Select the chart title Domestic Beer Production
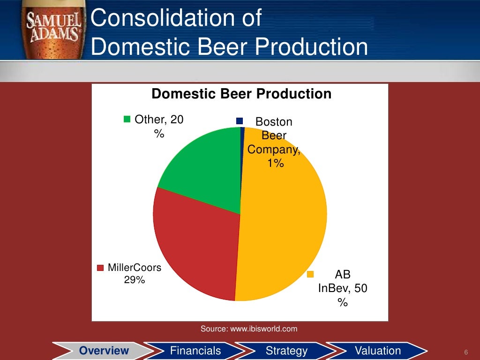click(x=241, y=94)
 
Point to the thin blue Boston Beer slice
click(x=242, y=136)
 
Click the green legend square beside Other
click(x=127, y=120)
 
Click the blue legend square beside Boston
click(x=240, y=121)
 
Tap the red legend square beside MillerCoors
click(x=100, y=269)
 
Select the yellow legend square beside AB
click(x=310, y=274)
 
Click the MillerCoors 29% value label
click(x=134, y=280)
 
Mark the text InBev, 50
click(x=342, y=288)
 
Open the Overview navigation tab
click(x=104, y=351)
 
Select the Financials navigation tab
click(x=195, y=351)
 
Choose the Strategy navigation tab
click(x=286, y=351)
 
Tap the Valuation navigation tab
click(x=378, y=351)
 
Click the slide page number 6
click(x=466, y=352)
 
